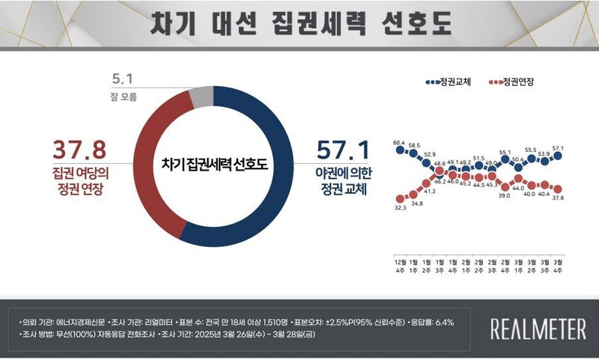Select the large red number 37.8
(x=78, y=150)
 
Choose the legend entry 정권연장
(x=517, y=82)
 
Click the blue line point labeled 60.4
(x=399, y=150)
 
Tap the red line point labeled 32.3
(x=399, y=198)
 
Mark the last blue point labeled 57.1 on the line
(x=558, y=156)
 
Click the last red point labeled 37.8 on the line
(x=558, y=189)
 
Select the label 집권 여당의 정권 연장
(x=78, y=180)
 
